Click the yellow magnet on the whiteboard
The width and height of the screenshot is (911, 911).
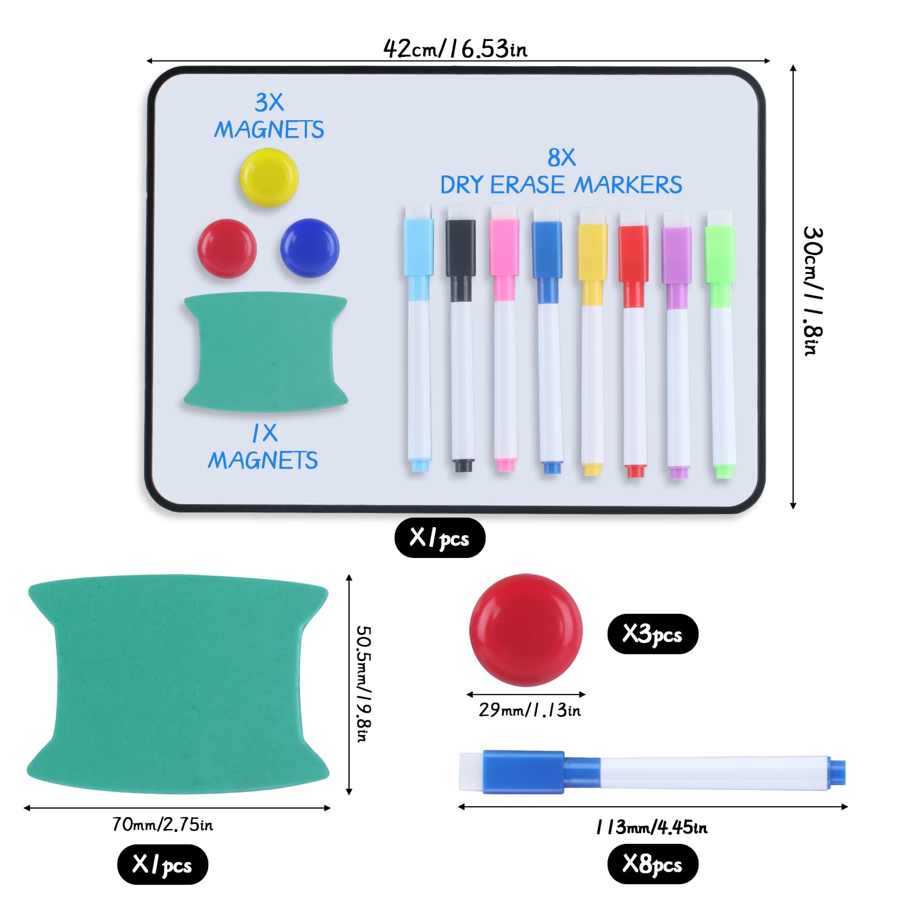click(x=269, y=178)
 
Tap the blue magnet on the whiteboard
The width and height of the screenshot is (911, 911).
click(x=310, y=248)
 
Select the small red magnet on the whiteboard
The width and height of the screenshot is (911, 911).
click(x=227, y=248)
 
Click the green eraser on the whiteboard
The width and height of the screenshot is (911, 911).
click(x=266, y=351)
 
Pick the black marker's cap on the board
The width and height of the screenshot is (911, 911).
click(x=460, y=248)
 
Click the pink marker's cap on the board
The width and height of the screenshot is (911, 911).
click(x=504, y=248)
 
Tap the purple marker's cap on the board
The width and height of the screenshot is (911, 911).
click(x=676, y=255)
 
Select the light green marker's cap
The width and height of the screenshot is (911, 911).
click(x=720, y=254)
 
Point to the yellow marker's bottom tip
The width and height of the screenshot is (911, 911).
click(x=592, y=470)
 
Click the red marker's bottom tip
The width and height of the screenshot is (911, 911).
click(x=635, y=471)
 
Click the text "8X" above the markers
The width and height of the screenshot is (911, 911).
click(x=561, y=158)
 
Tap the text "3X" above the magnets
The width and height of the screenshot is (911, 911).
click(x=269, y=103)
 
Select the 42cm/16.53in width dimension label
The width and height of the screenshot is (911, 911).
click(x=455, y=49)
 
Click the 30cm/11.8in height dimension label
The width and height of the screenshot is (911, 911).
click(x=812, y=292)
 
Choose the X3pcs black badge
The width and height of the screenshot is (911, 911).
click(x=653, y=634)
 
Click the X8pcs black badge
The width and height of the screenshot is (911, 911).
click(x=653, y=864)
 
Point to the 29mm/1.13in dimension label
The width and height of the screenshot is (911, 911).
click(x=530, y=710)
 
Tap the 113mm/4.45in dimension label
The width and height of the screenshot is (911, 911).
click(x=652, y=827)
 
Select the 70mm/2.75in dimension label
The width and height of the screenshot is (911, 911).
click(x=163, y=824)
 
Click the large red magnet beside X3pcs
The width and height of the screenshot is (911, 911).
click(x=526, y=630)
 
